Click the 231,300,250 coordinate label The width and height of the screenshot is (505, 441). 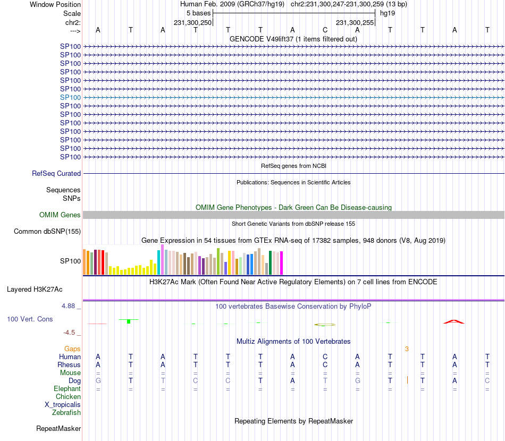[x=193, y=22]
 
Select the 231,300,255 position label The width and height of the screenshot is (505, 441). [x=355, y=22]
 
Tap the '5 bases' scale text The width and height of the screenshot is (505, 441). [x=199, y=13]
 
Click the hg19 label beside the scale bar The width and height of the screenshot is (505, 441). [x=387, y=13]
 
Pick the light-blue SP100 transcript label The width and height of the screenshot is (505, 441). [x=70, y=97]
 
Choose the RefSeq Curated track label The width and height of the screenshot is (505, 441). [x=56, y=173]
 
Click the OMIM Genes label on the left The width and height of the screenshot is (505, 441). [x=60, y=215]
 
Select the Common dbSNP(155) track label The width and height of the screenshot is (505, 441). [x=47, y=231]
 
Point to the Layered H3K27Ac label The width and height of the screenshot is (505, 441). [x=35, y=290]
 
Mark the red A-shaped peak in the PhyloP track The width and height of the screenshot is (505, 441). [x=454, y=321]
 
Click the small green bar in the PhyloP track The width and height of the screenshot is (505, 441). [x=129, y=321]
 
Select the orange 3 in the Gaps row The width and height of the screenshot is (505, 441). [x=407, y=349]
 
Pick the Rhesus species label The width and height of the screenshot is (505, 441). [x=69, y=364]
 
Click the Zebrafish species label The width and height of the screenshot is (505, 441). [x=66, y=412]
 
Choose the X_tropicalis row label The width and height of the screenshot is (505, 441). [x=63, y=404]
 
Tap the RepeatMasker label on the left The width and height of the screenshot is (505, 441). [x=58, y=428]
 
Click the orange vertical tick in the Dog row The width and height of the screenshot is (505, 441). [x=407, y=380]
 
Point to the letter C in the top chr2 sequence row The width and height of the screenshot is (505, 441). [x=325, y=30]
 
